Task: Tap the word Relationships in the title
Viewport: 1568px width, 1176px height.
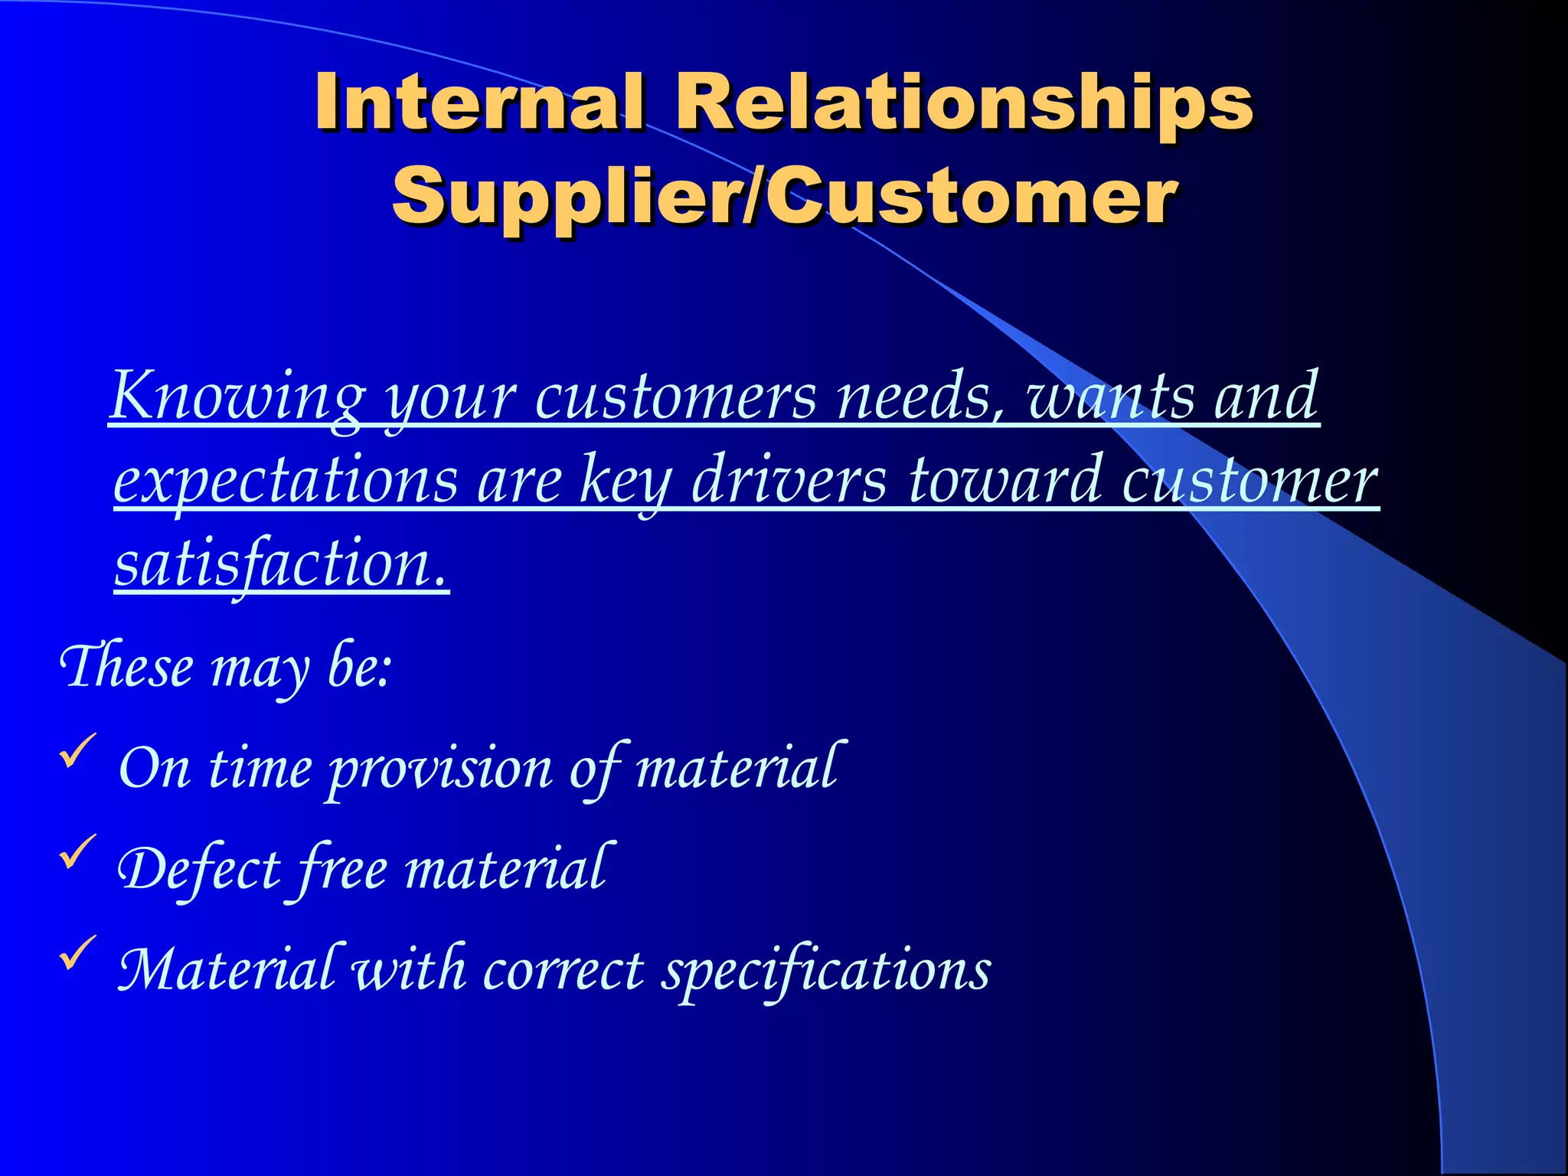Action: pos(963,101)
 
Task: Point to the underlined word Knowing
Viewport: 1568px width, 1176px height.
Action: pos(237,397)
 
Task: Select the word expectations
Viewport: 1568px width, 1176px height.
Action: pos(286,481)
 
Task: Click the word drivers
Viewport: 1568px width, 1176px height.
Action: pos(789,481)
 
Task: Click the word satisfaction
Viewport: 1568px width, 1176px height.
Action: pos(280,563)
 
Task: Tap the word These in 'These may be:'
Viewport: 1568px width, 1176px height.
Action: pos(127,666)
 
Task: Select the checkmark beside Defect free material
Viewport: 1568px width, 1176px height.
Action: pos(77,851)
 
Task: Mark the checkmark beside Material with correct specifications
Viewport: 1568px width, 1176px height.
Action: pos(77,952)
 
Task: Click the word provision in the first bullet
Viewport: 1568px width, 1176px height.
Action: pos(440,769)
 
